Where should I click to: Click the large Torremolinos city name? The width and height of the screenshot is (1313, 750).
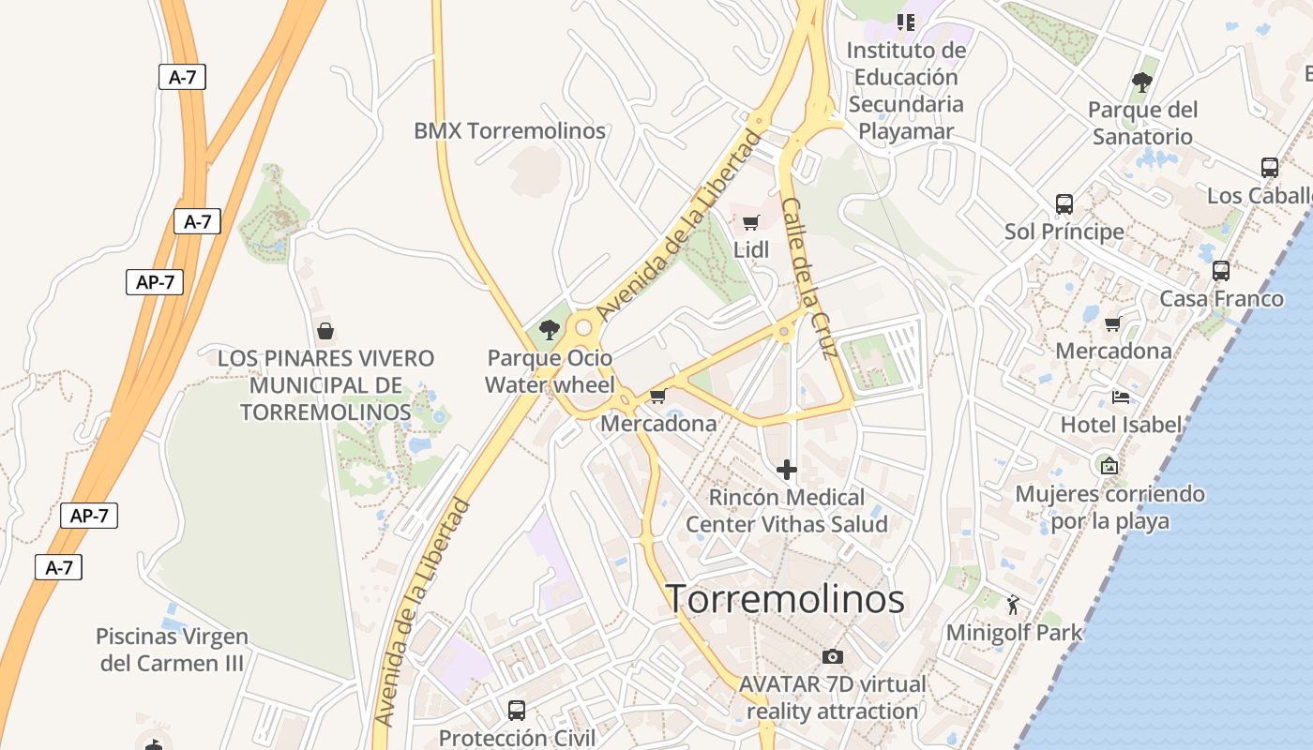point(785,599)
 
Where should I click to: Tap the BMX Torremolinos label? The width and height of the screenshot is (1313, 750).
point(509,130)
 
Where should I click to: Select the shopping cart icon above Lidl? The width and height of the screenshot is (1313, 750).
point(750,222)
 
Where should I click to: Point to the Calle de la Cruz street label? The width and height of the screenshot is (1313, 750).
point(808,278)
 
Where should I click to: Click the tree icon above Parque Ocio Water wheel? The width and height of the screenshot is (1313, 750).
point(550,329)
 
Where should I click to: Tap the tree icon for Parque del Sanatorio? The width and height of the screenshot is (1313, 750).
point(1141,82)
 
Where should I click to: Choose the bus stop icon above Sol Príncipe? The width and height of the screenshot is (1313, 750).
point(1064,203)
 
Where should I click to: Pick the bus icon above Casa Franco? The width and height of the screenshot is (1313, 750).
point(1220,270)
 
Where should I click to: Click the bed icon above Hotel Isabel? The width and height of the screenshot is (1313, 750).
point(1120,397)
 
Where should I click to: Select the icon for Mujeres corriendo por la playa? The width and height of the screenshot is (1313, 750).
point(1109,464)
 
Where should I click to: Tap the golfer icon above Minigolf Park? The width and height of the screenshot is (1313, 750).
point(1013,603)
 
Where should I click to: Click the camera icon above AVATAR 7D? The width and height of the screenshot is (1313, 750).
point(832,656)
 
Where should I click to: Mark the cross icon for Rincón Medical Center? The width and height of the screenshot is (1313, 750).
point(787,469)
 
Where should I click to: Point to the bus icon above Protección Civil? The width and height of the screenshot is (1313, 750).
point(516,710)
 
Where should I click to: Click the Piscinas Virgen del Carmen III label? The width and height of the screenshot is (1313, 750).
point(172,650)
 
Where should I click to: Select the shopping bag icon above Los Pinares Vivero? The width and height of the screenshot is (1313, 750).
point(325,331)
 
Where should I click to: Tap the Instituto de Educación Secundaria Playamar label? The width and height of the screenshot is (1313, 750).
point(906,90)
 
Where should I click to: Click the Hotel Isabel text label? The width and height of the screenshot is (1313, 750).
point(1121,425)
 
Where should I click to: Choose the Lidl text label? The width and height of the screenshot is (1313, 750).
point(751,249)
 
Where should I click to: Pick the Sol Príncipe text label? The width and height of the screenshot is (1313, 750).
point(1064,231)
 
